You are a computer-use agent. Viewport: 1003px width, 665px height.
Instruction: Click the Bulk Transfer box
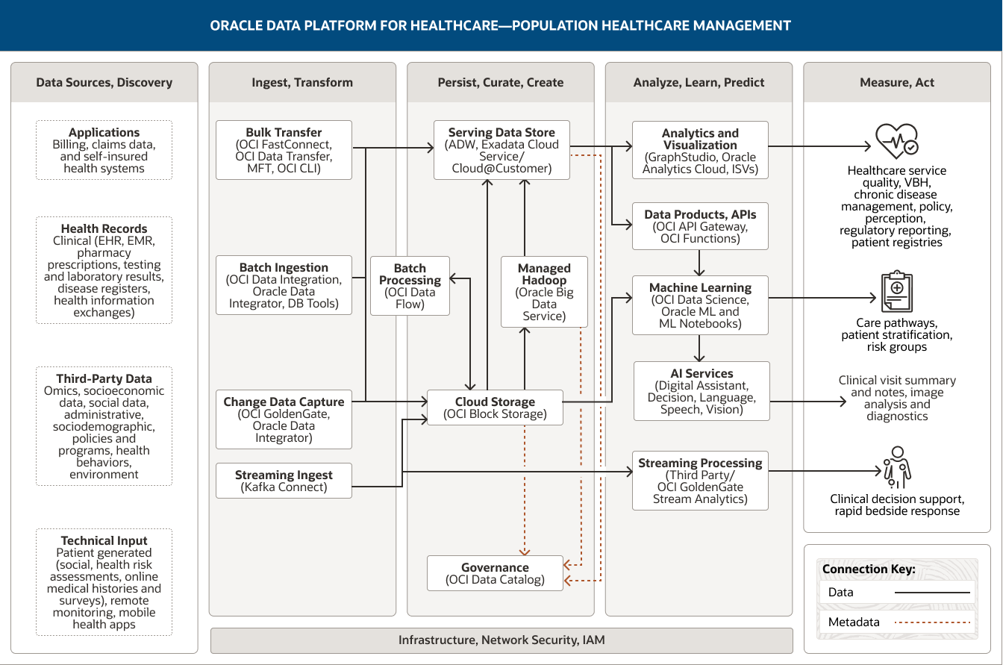coord(284,150)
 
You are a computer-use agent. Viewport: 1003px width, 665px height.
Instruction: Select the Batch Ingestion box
coord(284,285)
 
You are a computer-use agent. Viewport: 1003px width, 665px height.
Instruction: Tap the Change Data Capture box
coord(284,419)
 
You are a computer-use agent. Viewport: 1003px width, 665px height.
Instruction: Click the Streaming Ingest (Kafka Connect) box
coord(284,481)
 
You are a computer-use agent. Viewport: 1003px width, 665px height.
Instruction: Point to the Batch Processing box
coord(410,286)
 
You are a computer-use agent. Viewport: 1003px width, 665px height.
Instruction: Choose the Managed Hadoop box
coord(544,292)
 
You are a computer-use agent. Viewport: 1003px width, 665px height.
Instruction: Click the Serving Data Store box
coord(501,150)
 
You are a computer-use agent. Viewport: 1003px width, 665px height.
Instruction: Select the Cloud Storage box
coord(495,408)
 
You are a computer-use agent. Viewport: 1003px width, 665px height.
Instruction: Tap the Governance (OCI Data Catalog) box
coord(495,573)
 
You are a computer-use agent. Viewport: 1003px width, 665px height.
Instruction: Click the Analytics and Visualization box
coord(700,151)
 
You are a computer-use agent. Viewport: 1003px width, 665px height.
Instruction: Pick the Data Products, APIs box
coord(700,226)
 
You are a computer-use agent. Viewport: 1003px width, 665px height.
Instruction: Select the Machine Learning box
coord(700,305)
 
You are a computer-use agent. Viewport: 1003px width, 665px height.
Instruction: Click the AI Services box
coord(702,391)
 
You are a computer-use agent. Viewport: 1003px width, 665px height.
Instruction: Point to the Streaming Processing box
coord(700,481)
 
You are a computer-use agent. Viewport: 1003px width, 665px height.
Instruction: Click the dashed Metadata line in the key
coord(933,622)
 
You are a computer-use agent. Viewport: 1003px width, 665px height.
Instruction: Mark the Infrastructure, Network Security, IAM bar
coord(501,640)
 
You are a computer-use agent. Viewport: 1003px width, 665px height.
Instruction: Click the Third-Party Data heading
coord(104,379)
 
